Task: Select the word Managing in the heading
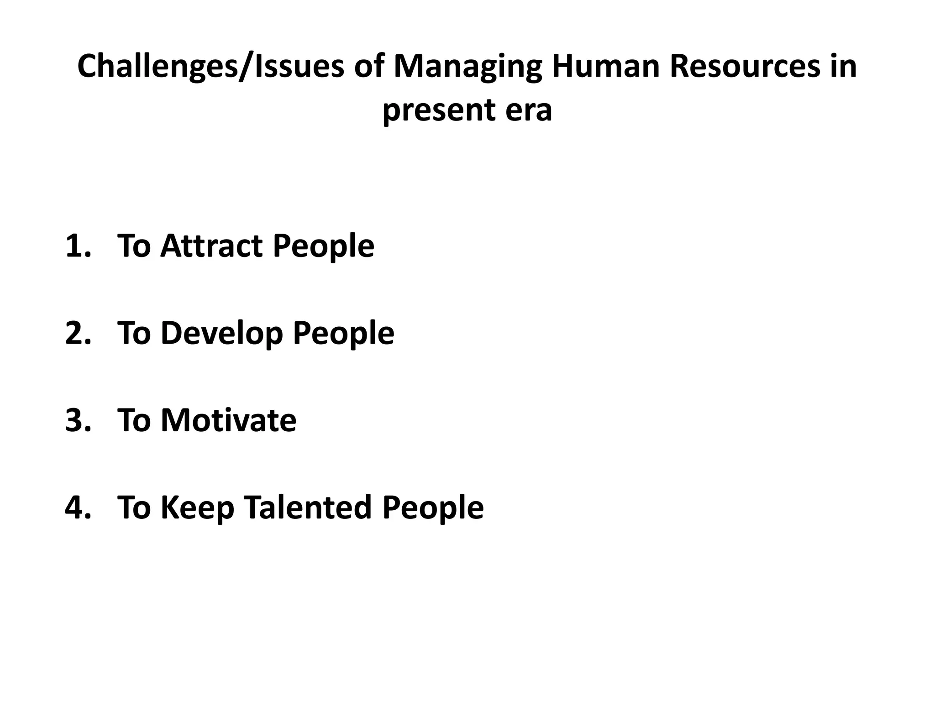[467, 67]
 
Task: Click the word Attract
[212, 246]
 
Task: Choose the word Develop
[222, 333]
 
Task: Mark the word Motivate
[228, 420]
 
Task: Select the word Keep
[197, 507]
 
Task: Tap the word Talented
[308, 507]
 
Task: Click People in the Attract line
[324, 246]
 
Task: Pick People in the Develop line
[343, 333]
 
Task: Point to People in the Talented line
[433, 507]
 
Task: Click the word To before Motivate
[134, 420]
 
